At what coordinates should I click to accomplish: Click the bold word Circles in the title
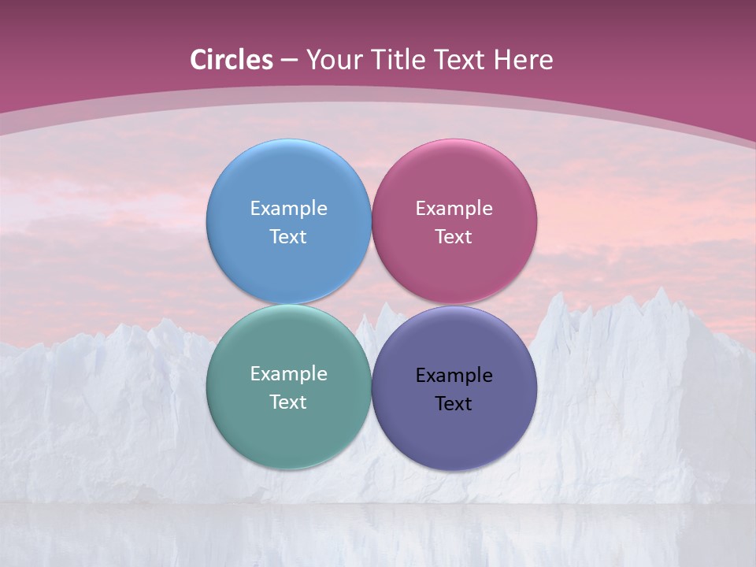[x=232, y=59]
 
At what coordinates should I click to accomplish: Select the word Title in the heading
[x=402, y=59]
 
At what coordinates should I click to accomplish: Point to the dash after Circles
[x=289, y=61]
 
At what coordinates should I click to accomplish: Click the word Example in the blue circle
[x=288, y=209]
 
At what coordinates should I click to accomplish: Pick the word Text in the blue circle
[x=288, y=237]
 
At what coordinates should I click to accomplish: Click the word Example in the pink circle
[x=454, y=209]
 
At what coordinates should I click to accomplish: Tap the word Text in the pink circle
[x=454, y=237]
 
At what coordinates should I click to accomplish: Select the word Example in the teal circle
[x=288, y=374]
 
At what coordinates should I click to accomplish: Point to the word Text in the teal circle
[x=288, y=402]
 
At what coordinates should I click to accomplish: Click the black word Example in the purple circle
[x=454, y=376]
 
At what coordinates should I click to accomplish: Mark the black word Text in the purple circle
[x=454, y=404]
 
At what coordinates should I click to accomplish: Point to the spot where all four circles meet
[x=371, y=304]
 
